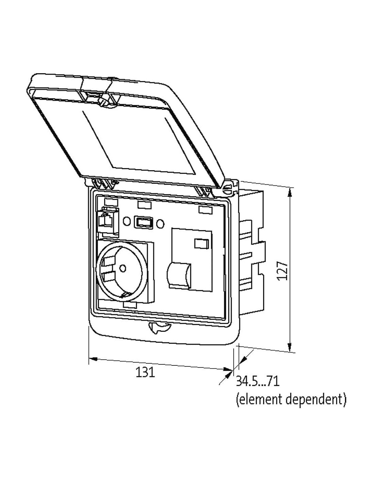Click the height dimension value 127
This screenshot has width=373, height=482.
coord(283,271)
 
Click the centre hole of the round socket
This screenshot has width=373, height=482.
coord(122,268)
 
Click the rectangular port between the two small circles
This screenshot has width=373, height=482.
coord(143,222)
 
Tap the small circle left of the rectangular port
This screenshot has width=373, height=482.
coord(127,221)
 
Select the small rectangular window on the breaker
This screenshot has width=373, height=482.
coord(201,244)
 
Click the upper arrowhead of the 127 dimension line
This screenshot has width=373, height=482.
coord(289,192)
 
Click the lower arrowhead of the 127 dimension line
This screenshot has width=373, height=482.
coord(289,346)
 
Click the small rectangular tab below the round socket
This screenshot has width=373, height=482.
coord(130,305)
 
